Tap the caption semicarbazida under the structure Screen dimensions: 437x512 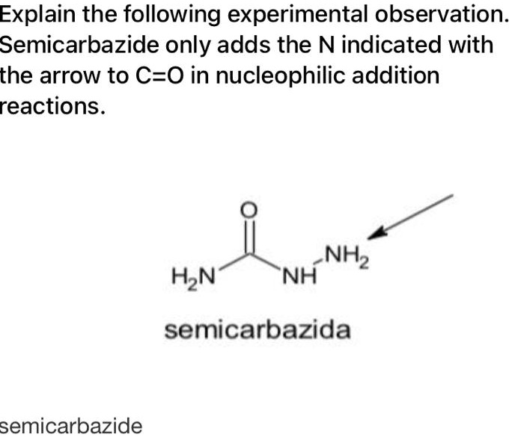257,329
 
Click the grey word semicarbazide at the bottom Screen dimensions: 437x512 70,426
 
